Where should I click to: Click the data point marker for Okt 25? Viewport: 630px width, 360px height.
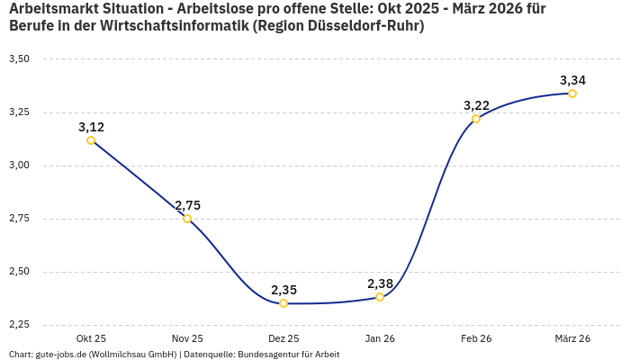pos(91,140)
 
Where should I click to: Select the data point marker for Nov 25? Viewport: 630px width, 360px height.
pos(187,219)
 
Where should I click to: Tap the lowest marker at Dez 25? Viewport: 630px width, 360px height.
pos(283,303)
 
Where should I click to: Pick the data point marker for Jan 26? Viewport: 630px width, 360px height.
pos(380,297)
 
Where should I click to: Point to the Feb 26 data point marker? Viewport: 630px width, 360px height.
pos(476,119)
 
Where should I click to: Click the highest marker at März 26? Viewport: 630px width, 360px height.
pos(572,94)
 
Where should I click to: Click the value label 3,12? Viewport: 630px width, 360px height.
pos(91,127)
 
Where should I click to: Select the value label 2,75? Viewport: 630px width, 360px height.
pos(187,205)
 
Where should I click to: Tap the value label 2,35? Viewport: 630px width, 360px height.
pos(283,290)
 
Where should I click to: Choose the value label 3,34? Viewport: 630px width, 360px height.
pos(572,80)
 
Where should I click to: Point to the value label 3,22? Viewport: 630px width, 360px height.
pos(476,105)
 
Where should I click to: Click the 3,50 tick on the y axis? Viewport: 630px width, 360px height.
pos(19,59)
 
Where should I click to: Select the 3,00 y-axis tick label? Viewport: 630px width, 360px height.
pos(19,166)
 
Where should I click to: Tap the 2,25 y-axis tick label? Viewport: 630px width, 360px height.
pos(19,325)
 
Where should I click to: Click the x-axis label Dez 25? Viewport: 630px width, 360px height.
pos(283,338)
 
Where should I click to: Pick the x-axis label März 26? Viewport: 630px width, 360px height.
pos(572,338)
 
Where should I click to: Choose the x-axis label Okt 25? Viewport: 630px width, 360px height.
pos(91,338)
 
